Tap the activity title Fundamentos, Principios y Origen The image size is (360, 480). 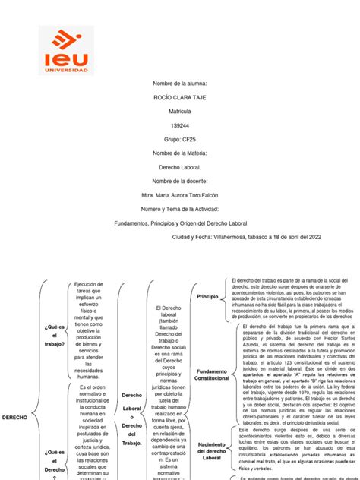[180, 223]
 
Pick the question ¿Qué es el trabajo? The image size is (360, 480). [54, 334]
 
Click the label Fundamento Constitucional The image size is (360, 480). [211, 372]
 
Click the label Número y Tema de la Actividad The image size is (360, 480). [180, 208]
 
